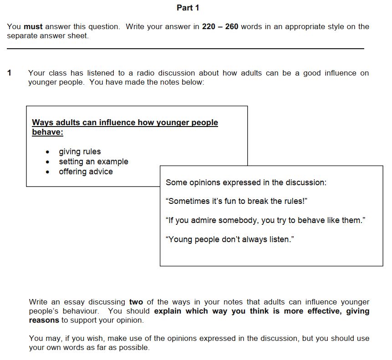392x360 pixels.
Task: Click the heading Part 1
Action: tap(188, 8)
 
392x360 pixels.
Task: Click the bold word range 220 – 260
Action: tap(220, 26)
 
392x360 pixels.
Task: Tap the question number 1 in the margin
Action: tap(10, 73)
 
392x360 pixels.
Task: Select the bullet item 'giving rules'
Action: tap(80, 152)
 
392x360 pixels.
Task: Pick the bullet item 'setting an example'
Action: tap(93, 162)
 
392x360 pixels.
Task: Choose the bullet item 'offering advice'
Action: tap(86, 172)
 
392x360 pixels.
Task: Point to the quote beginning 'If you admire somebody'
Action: tap(265, 220)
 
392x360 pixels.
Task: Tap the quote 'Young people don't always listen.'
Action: tap(230, 239)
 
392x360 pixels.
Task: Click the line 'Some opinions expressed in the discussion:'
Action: tap(246, 183)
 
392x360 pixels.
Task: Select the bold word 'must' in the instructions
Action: tap(33, 26)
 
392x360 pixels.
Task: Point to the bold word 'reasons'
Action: tap(44, 320)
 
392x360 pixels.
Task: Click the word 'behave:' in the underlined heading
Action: tap(47, 132)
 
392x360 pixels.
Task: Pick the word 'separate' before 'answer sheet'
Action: tap(22, 35)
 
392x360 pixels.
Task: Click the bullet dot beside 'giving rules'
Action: tap(48, 152)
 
